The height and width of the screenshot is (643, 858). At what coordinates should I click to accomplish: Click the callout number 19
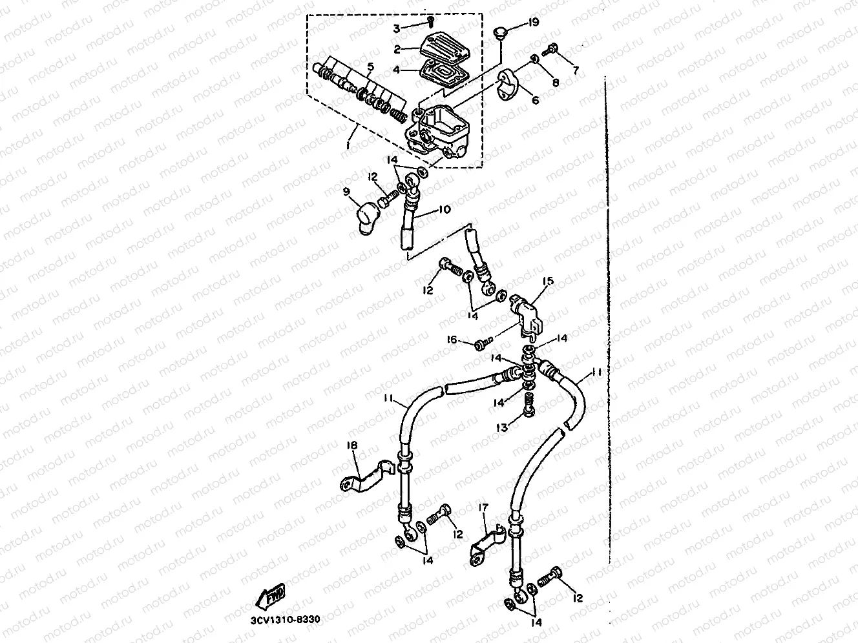tap(533, 22)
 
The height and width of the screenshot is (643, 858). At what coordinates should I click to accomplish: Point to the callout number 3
tap(397, 28)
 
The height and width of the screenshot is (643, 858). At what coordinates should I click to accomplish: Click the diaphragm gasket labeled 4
tap(443, 75)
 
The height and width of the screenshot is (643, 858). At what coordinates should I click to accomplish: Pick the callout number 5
tap(371, 66)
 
